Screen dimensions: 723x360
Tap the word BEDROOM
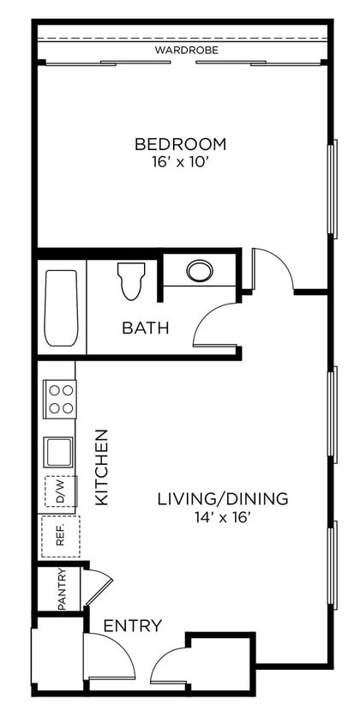coord(180,143)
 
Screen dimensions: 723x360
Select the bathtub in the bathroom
coord(61,308)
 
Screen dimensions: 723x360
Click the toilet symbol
coord(131,281)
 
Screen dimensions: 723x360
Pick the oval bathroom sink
coord(200,271)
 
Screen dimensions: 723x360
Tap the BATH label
coord(145,328)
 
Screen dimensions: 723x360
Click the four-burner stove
coord(60,399)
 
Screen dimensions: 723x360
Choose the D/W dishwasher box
coord(61,491)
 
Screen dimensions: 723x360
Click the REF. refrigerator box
coord(60,537)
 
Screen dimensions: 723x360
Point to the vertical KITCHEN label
coord(101,467)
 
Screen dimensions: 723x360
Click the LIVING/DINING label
coord(222,498)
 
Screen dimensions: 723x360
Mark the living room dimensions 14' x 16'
coord(222,516)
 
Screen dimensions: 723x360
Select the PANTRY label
coord(62,589)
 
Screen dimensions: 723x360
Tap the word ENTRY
coord(132,626)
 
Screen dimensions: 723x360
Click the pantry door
coord(97,587)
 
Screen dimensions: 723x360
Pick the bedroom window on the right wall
coord(332,189)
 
